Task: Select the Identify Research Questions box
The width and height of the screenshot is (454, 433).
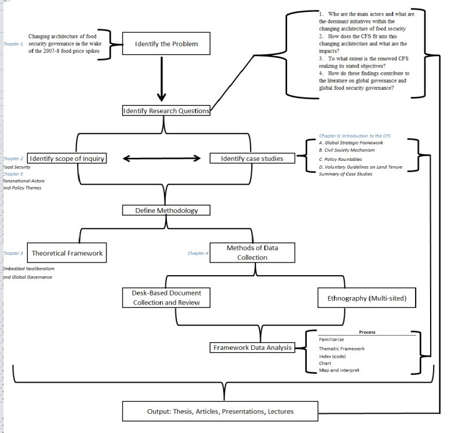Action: (x=166, y=111)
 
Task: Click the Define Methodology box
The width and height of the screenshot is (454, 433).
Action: (x=160, y=211)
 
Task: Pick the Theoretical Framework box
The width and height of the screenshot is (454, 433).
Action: (x=67, y=253)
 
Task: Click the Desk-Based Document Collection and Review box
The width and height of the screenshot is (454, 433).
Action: (x=166, y=298)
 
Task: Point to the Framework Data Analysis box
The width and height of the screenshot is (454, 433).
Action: (x=253, y=347)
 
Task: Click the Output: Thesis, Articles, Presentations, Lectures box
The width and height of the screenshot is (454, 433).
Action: (x=220, y=411)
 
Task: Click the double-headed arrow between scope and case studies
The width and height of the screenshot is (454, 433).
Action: (x=162, y=158)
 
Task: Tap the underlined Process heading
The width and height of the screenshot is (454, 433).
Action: (x=367, y=333)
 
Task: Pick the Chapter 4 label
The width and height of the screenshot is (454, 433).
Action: (x=198, y=253)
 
